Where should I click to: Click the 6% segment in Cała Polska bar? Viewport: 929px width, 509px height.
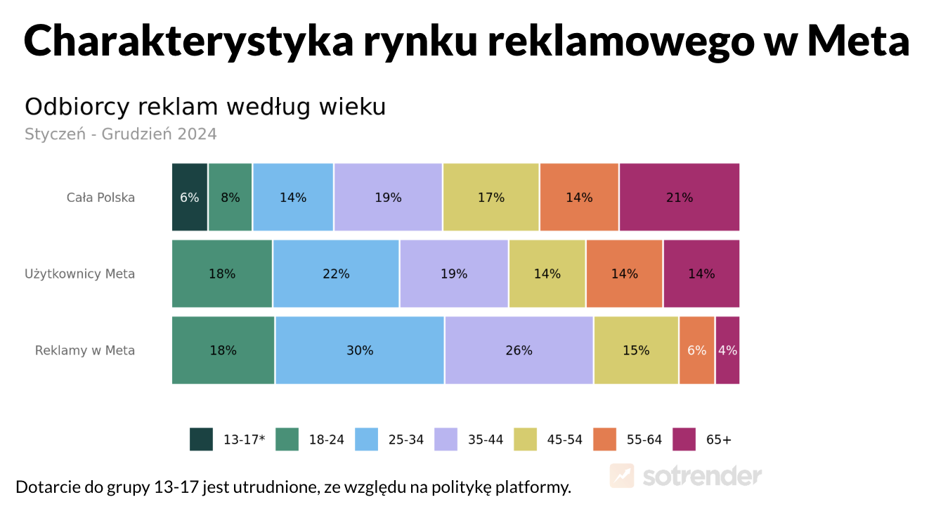[190, 198]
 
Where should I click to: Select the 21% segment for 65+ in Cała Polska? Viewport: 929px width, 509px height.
[679, 198]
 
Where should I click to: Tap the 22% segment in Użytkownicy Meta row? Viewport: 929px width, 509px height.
[336, 274]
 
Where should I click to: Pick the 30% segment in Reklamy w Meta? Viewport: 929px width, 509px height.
[360, 350]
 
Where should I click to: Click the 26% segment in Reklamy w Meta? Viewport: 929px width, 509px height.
[519, 350]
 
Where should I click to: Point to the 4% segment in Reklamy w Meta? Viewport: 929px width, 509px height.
[727, 350]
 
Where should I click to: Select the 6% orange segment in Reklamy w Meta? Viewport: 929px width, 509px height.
[696, 350]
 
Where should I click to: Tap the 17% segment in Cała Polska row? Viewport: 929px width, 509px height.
[491, 198]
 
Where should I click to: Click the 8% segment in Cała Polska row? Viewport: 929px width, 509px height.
[230, 198]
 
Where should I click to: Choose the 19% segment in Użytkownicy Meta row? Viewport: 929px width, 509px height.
[454, 274]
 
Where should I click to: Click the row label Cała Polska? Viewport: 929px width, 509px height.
[100, 198]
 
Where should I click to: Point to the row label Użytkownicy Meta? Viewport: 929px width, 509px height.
[79, 274]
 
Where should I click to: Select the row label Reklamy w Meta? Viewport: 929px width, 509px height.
[85, 350]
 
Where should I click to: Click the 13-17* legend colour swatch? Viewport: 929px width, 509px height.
[201, 439]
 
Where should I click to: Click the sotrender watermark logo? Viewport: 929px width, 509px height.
[686, 476]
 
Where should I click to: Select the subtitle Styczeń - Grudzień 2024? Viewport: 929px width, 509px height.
[121, 134]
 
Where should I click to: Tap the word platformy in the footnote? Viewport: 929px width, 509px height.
[531, 487]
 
